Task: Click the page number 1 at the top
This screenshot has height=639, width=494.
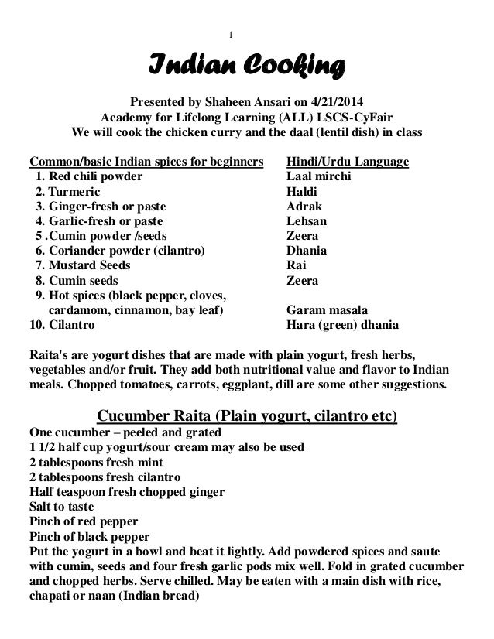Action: tap(232, 33)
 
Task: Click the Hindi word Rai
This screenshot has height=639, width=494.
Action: tap(295, 265)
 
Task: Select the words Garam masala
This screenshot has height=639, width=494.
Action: tap(324, 310)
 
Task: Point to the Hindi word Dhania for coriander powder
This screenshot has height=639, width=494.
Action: tap(307, 251)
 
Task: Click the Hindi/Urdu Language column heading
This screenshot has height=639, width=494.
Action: tap(348, 162)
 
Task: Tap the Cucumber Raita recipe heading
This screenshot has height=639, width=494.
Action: tap(246, 419)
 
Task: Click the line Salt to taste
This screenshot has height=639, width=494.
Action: tap(61, 507)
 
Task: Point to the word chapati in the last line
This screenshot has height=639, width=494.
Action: tap(50, 595)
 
